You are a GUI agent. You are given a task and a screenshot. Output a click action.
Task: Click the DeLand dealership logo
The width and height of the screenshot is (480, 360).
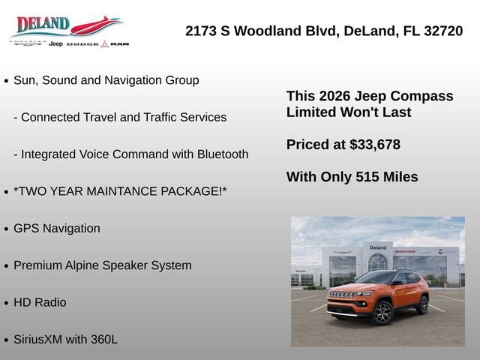click(70, 31)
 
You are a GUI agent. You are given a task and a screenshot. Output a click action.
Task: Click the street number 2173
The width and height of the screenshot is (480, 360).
click(201, 31)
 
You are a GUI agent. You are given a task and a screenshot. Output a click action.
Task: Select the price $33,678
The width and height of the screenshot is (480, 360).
click(375, 145)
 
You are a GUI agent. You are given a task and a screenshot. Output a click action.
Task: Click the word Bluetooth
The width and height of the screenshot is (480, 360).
click(223, 154)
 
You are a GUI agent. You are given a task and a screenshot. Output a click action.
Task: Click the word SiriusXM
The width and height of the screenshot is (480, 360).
click(37, 340)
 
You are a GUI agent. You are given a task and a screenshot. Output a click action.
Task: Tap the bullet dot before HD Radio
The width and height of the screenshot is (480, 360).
click(7, 303)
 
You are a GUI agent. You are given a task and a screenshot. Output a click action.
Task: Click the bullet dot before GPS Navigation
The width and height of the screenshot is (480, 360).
click(7, 229)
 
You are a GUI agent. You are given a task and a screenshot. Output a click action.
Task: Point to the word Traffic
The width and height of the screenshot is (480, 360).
click(160, 117)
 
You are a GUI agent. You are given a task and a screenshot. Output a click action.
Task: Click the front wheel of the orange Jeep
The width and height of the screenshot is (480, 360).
click(382, 313)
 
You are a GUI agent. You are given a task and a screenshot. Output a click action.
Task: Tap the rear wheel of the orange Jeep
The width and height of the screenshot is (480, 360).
click(423, 304)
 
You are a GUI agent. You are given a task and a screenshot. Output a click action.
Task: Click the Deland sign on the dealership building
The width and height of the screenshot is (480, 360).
click(378, 247)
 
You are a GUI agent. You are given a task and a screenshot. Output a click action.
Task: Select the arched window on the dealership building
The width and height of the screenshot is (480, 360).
click(377, 262)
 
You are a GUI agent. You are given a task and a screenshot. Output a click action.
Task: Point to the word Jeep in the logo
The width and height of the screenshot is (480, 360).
click(55, 43)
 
